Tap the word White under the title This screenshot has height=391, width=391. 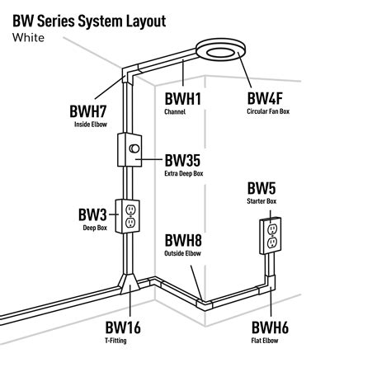click(x=31, y=37)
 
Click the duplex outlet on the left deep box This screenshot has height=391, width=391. click(x=130, y=216)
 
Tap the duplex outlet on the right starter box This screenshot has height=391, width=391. click(x=272, y=234)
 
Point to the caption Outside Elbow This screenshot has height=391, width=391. click(x=183, y=255)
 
